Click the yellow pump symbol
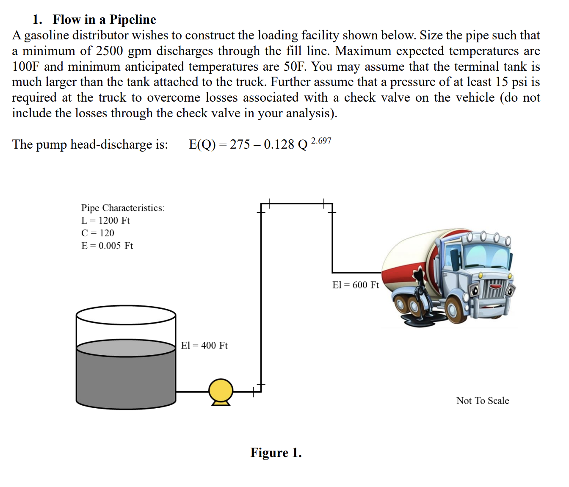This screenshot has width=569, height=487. tap(221, 391)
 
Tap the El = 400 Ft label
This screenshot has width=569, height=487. tap(204, 346)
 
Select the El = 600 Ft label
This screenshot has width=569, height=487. tap(356, 285)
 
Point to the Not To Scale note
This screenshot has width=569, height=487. tap(483, 401)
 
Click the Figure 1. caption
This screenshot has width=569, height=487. tap(276, 453)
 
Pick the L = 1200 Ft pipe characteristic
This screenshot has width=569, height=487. tap(105, 221)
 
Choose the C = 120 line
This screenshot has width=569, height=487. tap(98, 233)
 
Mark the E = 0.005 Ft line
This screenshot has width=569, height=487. tap(107, 246)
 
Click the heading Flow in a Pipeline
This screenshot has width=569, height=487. tap(104, 19)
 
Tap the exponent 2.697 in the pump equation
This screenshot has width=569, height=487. tap(321, 141)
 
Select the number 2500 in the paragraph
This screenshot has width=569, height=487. tap(109, 51)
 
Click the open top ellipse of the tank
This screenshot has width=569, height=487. tap(126, 315)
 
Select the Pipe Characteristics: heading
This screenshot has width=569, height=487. tap(123, 208)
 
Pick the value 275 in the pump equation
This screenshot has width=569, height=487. tap(240, 144)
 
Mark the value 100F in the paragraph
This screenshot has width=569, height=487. tap(26, 66)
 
